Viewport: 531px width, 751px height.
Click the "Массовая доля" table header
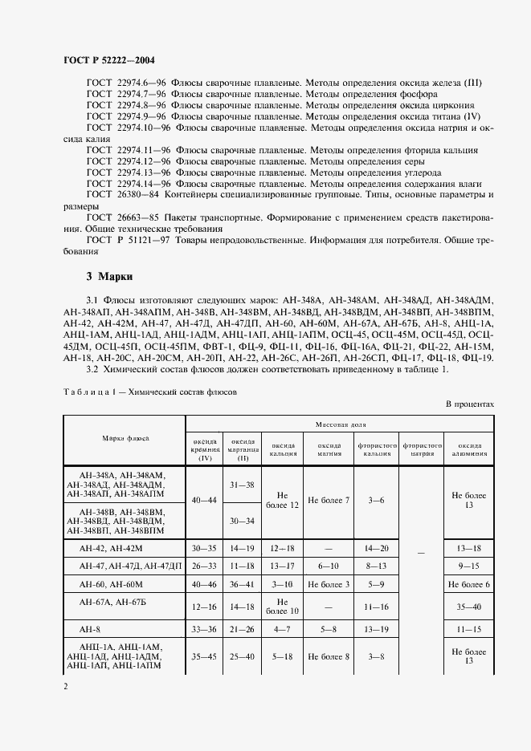[x=338, y=422]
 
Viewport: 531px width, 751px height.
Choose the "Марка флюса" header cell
[x=125, y=439]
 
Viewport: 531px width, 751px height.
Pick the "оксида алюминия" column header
[x=469, y=449]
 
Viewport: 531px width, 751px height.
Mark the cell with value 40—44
[x=204, y=500]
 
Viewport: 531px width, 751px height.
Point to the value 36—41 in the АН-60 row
[x=243, y=584]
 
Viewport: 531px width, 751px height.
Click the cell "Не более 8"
[x=329, y=656]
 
